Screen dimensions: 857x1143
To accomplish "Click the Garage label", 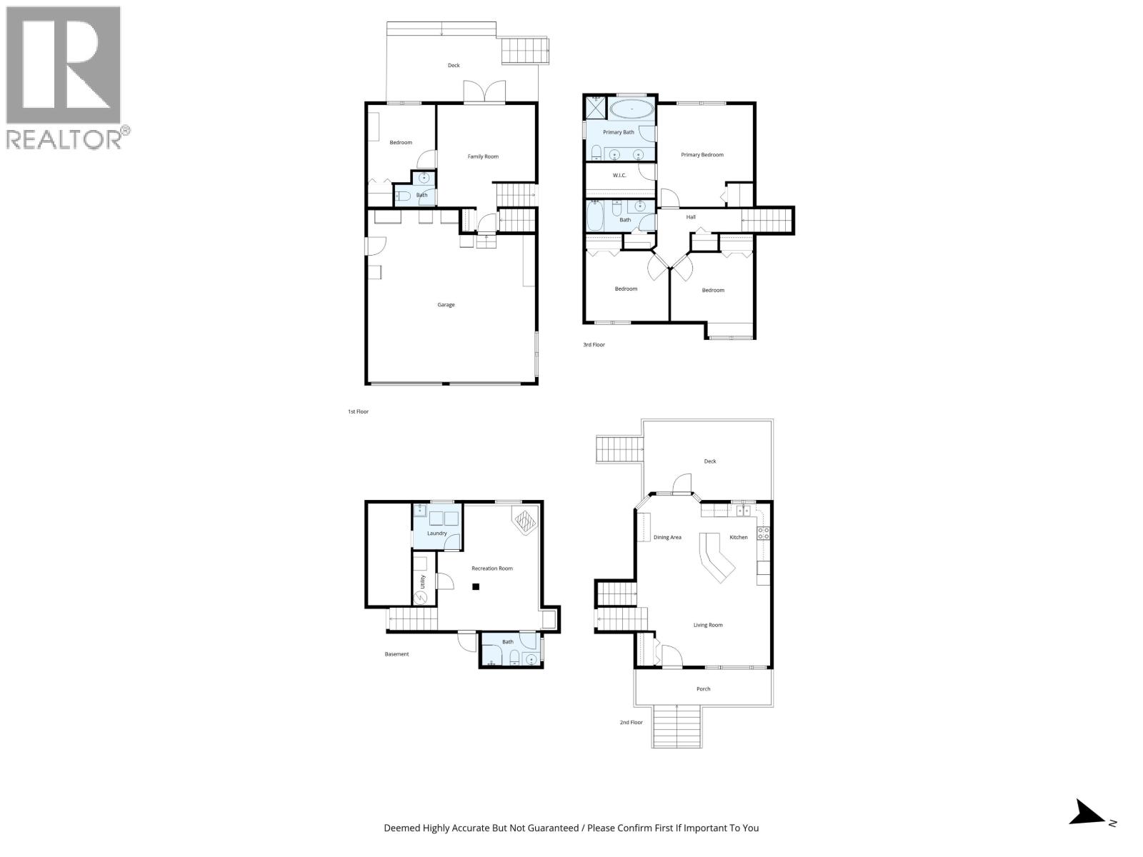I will (x=446, y=305).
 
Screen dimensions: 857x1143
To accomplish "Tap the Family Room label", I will (x=483, y=156).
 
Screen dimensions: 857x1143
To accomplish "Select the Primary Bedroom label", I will (x=702, y=155).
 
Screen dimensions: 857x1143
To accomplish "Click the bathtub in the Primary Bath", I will (x=632, y=109).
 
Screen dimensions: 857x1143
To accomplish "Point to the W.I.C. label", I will (x=619, y=175).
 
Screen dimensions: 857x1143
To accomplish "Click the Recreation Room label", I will (x=492, y=568).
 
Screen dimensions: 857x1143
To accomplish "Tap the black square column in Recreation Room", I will (x=476, y=587).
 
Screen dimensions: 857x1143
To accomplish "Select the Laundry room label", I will (x=436, y=533).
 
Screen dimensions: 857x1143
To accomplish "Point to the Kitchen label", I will (x=739, y=537).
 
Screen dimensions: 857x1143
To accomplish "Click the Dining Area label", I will (x=667, y=537).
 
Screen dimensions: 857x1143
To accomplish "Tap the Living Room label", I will (x=708, y=625).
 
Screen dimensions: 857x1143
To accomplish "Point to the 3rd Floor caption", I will (x=594, y=345).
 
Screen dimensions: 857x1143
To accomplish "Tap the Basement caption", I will (x=396, y=654).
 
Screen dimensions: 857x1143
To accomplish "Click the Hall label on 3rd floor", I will (x=691, y=217).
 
